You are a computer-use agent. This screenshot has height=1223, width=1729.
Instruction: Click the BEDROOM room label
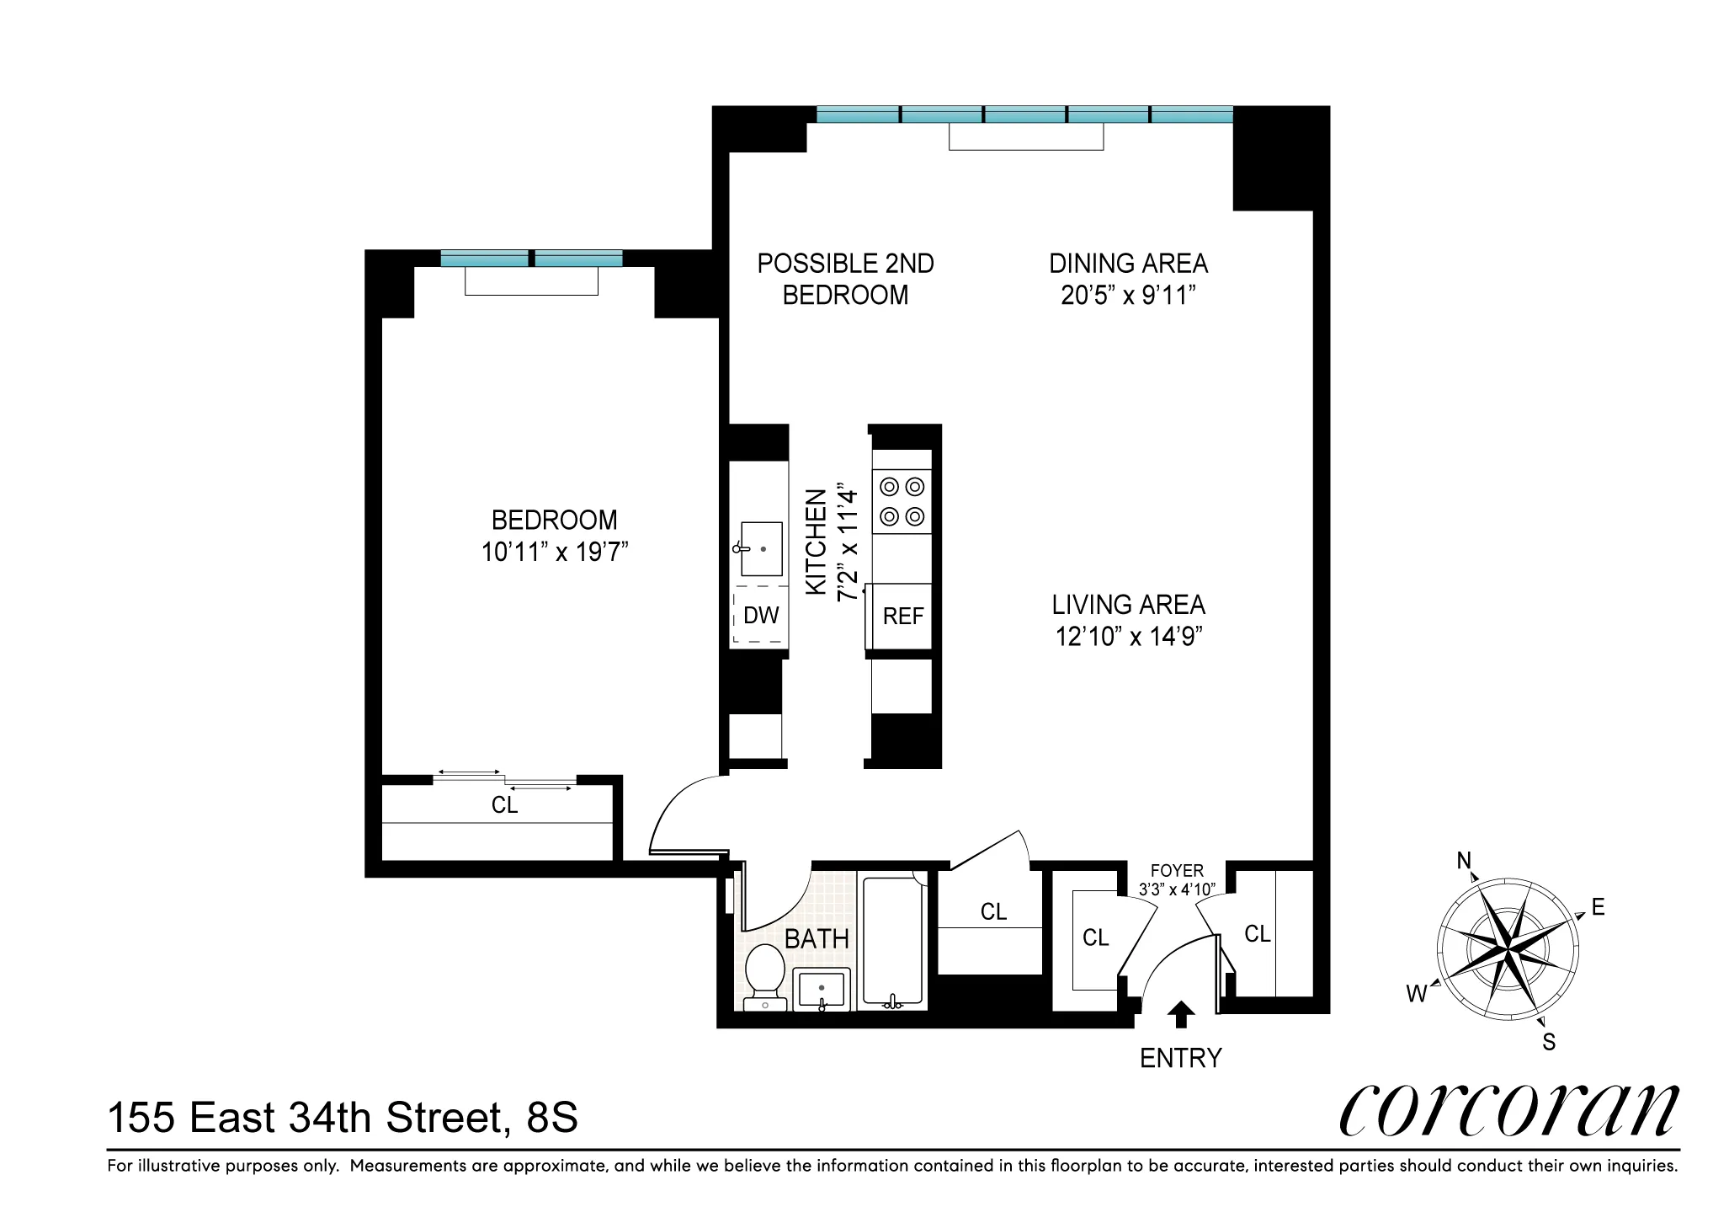[x=554, y=520]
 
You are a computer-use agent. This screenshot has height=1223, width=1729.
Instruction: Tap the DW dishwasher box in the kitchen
[x=760, y=616]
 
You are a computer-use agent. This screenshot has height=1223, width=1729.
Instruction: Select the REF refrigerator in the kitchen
[x=902, y=617]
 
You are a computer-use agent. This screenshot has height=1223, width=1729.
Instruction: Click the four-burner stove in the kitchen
[x=902, y=501]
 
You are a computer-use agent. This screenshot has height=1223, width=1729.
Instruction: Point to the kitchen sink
[x=760, y=548]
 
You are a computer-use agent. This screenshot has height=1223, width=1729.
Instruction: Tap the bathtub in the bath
[x=892, y=942]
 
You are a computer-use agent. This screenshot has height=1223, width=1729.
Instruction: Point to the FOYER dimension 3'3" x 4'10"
[x=1177, y=889]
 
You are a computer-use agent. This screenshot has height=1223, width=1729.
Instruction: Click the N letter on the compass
[x=1464, y=860]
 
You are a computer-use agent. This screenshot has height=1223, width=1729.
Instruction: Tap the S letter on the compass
[x=1548, y=1043]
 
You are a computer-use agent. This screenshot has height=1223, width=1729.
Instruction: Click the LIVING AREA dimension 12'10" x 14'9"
[x=1128, y=637]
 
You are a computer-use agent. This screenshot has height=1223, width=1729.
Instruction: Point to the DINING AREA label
[x=1128, y=264]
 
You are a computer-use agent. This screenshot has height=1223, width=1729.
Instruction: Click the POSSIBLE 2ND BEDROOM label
[x=845, y=280]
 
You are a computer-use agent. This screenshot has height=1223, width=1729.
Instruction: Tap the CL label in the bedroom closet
[x=504, y=806]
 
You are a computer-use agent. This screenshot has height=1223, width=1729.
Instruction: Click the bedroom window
[x=531, y=259]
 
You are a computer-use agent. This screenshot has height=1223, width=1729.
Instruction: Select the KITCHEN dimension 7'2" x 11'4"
[x=849, y=545]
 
